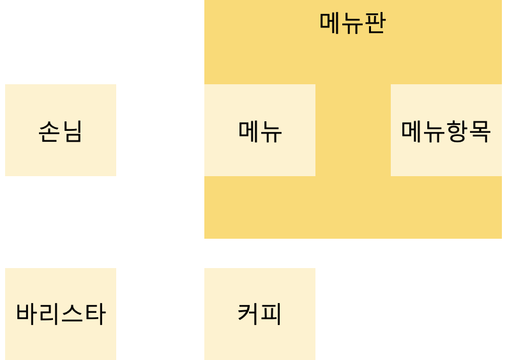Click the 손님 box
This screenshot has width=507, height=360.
[61, 130]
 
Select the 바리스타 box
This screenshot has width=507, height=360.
[61, 313]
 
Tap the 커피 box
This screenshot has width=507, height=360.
[260, 313]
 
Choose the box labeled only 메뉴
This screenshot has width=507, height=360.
[260, 130]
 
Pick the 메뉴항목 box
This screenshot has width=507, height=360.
[446, 130]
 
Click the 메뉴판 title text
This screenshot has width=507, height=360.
[352, 23]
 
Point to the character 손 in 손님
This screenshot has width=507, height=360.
[50, 131]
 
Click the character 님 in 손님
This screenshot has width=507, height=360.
[72, 131]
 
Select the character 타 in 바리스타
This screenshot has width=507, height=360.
[95, 314]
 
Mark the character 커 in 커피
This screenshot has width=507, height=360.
[248, 314]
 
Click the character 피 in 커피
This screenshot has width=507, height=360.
[271, 314]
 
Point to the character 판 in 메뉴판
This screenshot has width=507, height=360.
[375, 24]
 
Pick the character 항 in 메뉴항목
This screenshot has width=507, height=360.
[457, 131]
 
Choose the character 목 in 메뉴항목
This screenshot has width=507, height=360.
[480, 131]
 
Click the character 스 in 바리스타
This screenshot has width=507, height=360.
[72, 314]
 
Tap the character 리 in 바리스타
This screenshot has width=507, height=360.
[50, 314]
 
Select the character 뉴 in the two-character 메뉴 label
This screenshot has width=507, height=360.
[271, 131]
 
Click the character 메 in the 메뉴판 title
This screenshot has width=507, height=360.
[330, 24]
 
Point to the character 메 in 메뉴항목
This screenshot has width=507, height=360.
[412, 131]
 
